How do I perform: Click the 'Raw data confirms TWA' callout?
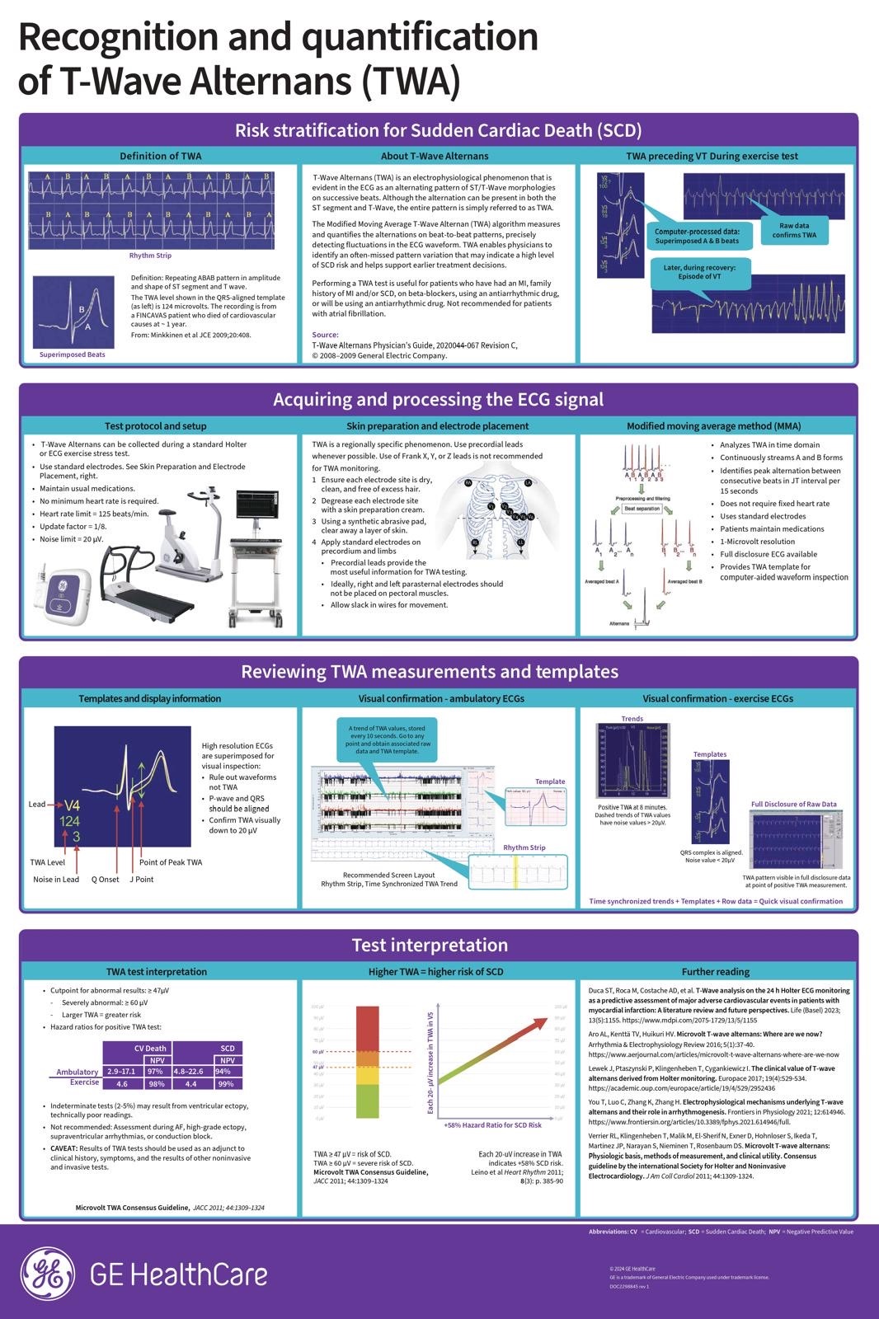point(794,230)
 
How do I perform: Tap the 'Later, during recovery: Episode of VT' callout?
point(699,272)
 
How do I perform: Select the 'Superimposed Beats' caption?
point(73,354)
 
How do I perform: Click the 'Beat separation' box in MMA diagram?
point(642,509)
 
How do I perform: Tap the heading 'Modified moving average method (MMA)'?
point(712,426)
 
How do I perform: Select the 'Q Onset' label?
point(105,880)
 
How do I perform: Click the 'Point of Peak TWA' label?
point(170,862)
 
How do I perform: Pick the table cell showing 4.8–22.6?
point(188,1072)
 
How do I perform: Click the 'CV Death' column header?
point(150,1049)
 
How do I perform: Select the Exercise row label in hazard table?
point(84,1082)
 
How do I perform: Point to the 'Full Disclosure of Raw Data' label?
point(793,804)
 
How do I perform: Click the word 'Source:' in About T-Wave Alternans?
point(325,335)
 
